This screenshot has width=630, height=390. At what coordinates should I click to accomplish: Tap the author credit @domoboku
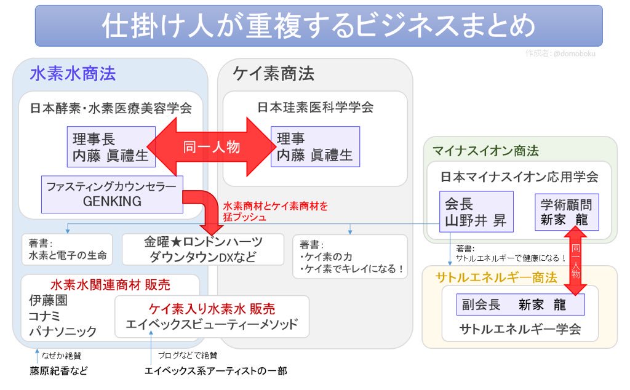(560, 54)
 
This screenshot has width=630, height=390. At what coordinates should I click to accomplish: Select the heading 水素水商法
(73, 74)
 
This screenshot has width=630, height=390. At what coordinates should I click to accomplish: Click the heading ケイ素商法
(273, 74)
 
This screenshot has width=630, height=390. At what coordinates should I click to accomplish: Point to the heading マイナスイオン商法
(485, 151)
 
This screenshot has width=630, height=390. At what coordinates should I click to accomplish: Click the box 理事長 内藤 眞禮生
(111, 147)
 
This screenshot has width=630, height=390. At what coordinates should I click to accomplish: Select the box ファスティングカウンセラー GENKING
(111, 194)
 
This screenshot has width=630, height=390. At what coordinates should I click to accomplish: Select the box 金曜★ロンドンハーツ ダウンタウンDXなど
(203, 249)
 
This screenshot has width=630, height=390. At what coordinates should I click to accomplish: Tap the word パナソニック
(63, 332)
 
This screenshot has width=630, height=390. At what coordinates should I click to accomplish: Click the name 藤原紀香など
(58, 371)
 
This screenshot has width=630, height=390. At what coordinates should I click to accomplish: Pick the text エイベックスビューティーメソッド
(212, 325)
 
